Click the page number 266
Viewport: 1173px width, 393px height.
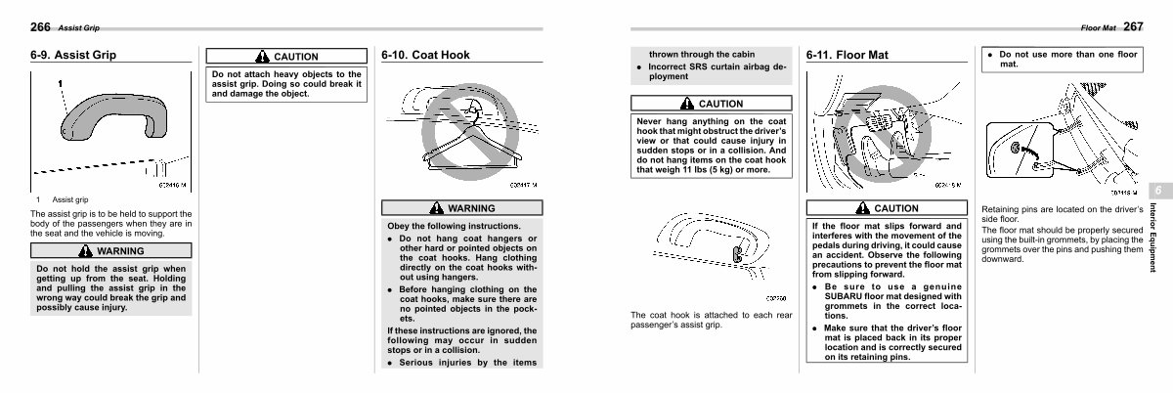point(40,26)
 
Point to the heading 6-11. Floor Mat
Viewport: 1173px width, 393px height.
point(847,55)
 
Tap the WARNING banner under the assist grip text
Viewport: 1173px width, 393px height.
point(111,251)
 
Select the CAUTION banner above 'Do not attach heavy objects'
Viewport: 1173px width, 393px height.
point(285,57)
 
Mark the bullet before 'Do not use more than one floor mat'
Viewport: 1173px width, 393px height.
point(990,55)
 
